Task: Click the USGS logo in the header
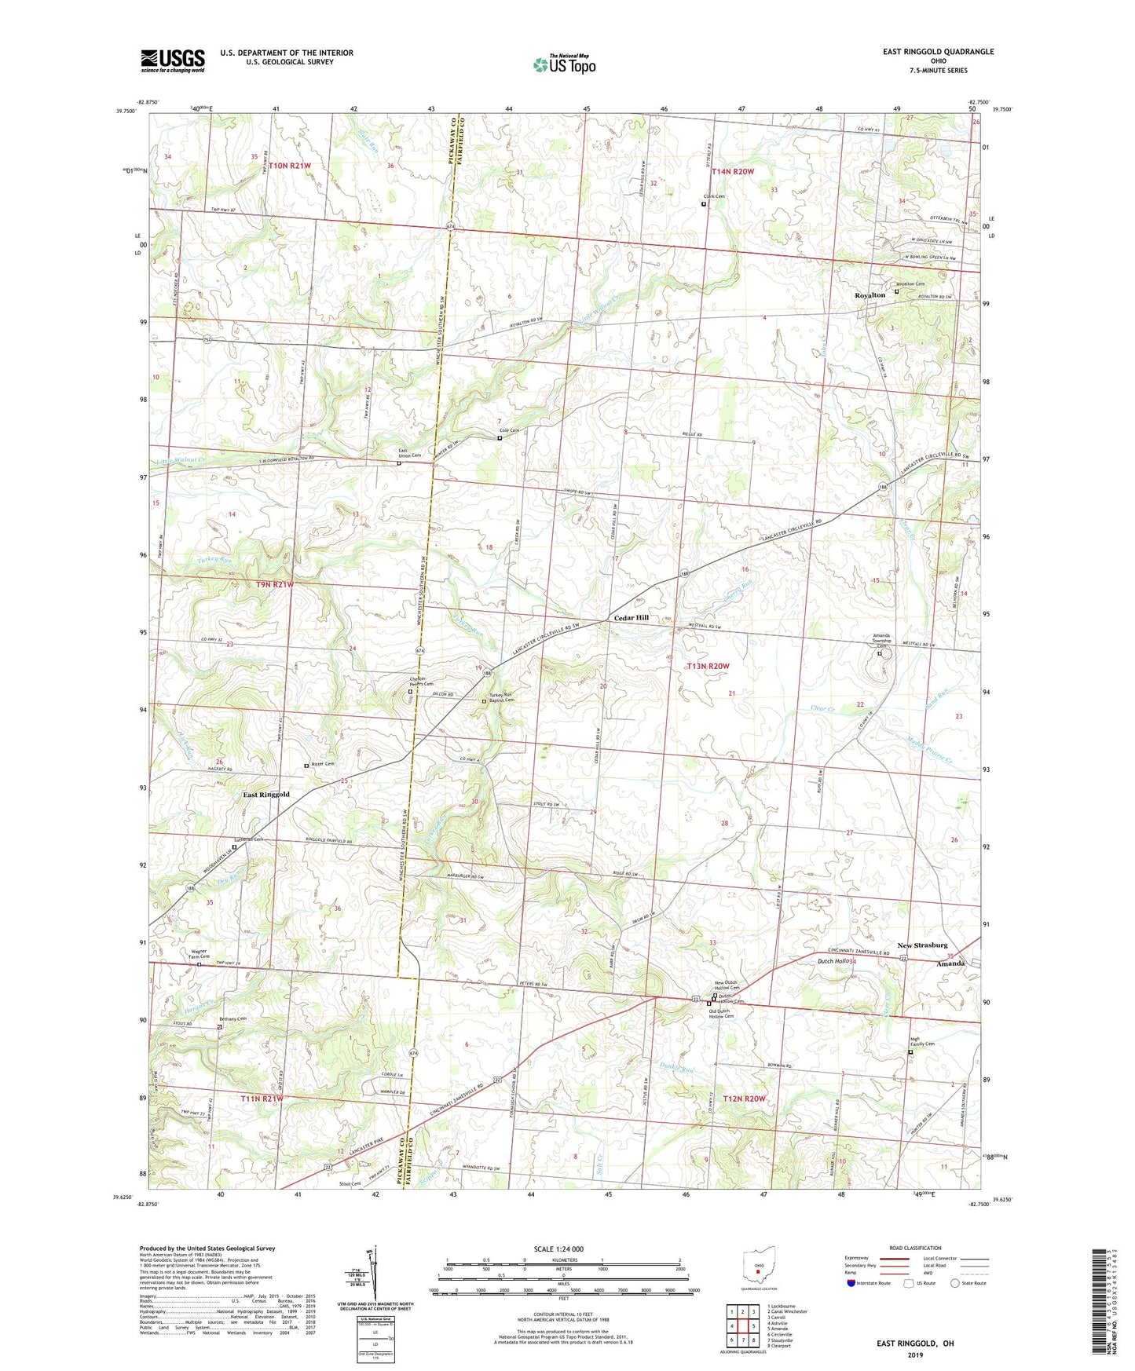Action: (x=173, y=60)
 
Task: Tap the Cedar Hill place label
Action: (x=631, y=618)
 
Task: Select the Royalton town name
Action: (x=870, y=295)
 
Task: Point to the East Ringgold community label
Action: (x=265, y=795)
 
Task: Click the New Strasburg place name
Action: (x=922, y=945)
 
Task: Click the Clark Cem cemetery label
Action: (x=714, y=197)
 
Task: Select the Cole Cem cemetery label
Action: (x=509, y=431)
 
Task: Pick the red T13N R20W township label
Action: (x=708, y=666)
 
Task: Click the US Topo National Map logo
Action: (x=562, y=64)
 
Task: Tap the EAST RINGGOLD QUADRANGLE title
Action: (x=938, y=52)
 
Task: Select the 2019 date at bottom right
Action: (x=914, y=1355)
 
